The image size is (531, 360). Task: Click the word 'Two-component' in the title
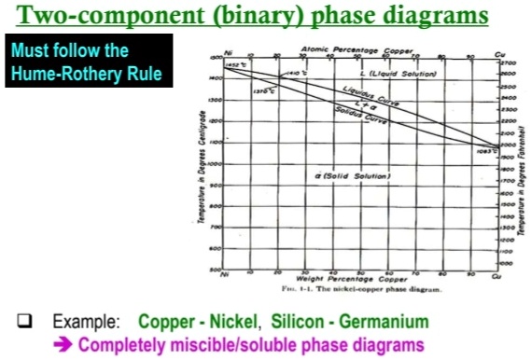tap(110, 16)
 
